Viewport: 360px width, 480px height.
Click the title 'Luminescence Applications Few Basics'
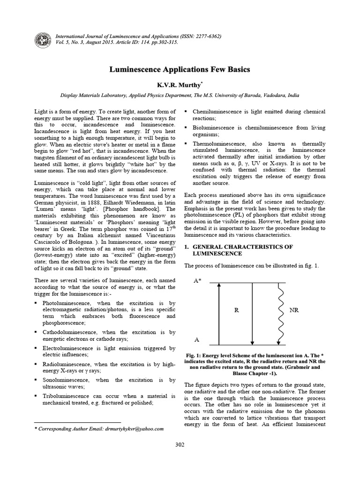(180, 69)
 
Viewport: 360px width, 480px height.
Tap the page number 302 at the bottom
(180, 444)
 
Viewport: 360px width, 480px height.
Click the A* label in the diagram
(198, 280)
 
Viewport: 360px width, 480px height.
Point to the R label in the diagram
(237, 310)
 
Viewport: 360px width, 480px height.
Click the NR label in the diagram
(295, 310)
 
